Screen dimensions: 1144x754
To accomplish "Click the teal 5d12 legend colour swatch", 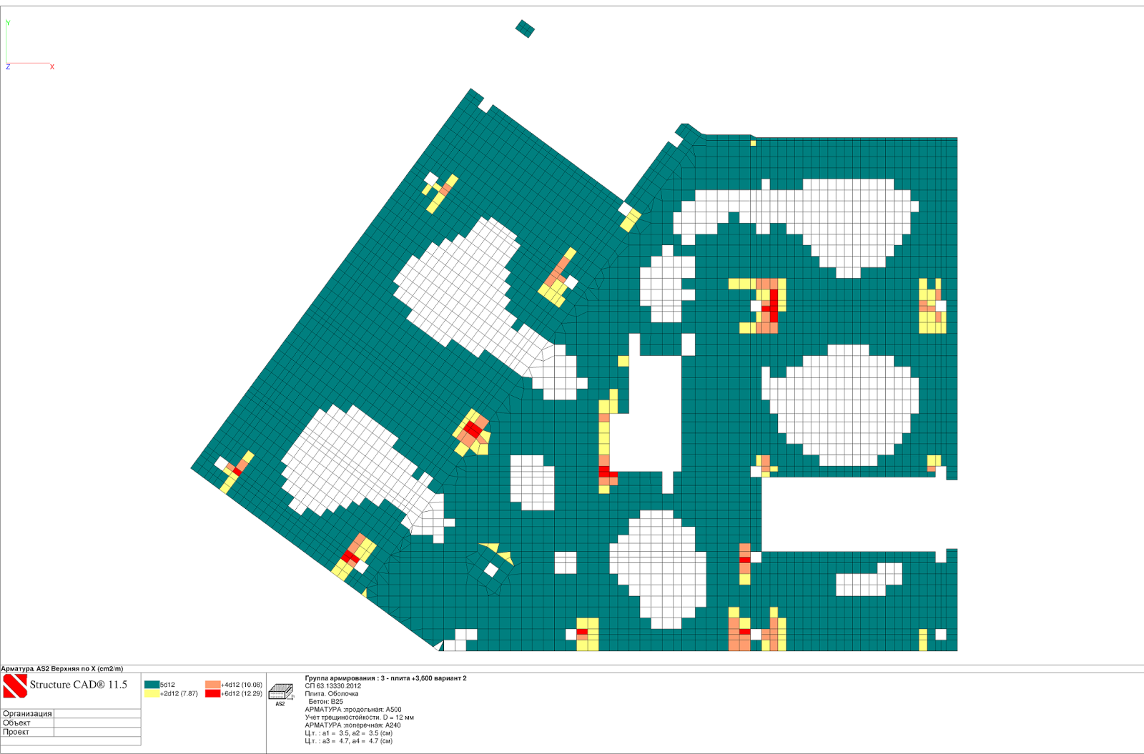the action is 152,685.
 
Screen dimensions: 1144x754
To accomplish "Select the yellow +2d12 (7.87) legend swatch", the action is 152,694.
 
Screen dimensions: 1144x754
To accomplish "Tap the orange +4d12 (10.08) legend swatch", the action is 212,685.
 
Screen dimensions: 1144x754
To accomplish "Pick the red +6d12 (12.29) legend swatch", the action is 212,694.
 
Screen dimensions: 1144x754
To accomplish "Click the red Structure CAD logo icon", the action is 15,686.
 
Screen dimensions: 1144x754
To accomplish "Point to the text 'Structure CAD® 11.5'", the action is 78,685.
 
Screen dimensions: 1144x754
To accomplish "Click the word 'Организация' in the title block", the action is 27,714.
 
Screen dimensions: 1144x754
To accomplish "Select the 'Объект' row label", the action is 16,723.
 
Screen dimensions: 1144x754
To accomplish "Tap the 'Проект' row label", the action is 15,732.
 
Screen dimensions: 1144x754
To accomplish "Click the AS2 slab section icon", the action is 281,693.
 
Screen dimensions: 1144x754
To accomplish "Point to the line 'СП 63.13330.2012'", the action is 333,686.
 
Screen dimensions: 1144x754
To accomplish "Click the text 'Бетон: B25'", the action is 326,702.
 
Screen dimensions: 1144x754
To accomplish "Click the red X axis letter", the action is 52,67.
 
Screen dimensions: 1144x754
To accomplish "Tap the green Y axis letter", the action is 8,23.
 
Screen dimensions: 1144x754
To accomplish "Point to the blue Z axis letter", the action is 8,67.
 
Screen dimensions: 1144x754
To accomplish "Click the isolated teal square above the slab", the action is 525,29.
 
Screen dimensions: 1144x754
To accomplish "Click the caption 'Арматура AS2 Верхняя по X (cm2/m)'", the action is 61,669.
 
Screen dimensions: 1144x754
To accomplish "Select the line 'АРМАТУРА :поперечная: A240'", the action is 353,725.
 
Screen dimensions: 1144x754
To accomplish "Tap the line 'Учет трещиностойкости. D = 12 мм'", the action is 360,718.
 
